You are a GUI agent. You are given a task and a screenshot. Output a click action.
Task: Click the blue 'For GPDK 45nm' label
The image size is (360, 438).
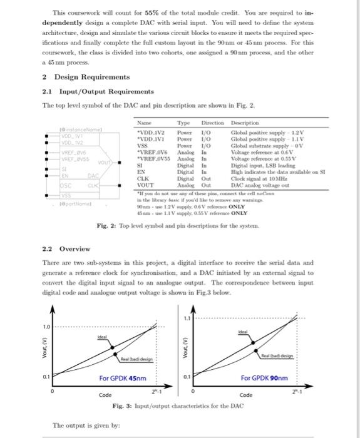pos(123,378)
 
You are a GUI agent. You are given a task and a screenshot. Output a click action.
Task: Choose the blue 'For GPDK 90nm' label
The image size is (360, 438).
pos(265,378)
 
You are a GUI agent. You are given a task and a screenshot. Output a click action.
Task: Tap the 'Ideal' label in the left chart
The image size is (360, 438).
pos(98,337)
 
